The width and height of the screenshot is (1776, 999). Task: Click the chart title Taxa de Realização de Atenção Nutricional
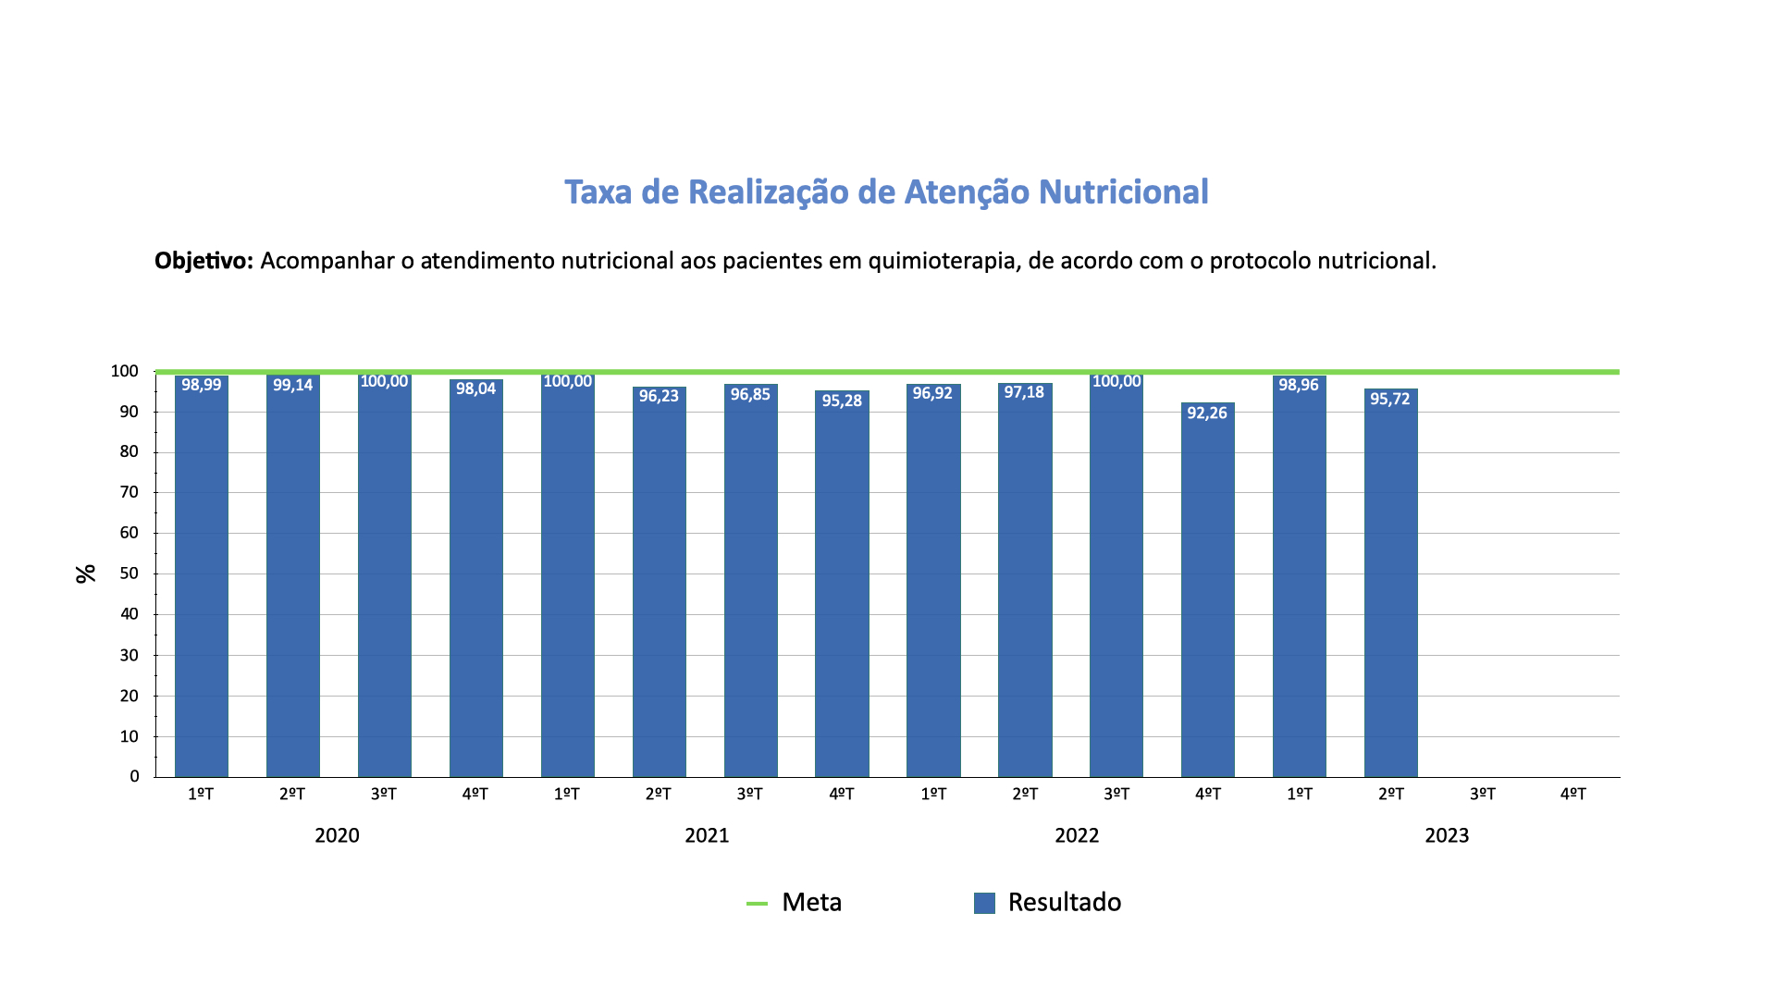pyautogui.click(x=886, y=192)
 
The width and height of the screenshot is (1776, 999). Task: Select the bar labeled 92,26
pyautogui.click(x=1207, y=592)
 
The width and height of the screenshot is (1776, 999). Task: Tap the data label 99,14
pyautogui.click(x=292, y=385)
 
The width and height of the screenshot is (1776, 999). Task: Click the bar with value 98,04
pyautogui.click(x=475, y=583)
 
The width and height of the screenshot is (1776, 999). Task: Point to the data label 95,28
pyautogui.click(x=842, y=401)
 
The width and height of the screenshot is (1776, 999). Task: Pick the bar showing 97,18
pyautogui.click(x=1025, y=583)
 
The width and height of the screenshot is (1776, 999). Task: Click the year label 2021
pyautogui.click(x=707, y=835)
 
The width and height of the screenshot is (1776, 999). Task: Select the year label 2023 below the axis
pyautogui.click(x=1447, y=835)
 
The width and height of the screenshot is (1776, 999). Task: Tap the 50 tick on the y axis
pyautogui.click(x=129, y=573)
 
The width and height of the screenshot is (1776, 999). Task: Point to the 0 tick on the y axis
pyautogui.click(x=135, y=777)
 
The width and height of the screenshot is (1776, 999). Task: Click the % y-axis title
pyautogui.click(x=86, y=573)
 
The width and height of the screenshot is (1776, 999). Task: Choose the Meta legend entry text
pyautogui.click(x=811, y=902)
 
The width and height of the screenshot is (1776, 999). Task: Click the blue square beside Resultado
pyautogui.click(x=984, y=903)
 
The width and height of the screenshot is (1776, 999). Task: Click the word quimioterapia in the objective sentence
pyautogui.click(x=943, y=261)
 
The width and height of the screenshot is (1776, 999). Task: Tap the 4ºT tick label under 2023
pyautogui.click(x=1572, y=794)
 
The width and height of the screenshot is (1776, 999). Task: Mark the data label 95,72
pyautogui.click(x=1390, y=399)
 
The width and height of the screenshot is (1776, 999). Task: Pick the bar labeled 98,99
pyautogui.click(x=201, y=583)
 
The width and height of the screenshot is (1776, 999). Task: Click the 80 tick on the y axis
pyautogui.click(x=129, y=452)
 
